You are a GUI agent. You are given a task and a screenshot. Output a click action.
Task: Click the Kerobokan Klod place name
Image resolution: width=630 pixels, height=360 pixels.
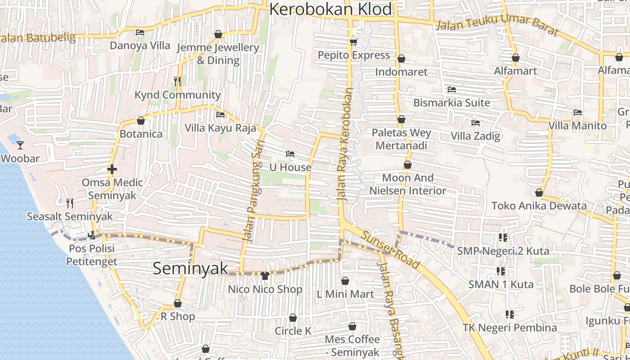coord(331,9)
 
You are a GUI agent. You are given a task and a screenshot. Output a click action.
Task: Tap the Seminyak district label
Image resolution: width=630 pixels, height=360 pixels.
coord(190,268)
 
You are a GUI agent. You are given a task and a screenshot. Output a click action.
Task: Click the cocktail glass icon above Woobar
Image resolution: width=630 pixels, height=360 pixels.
coord(20,145)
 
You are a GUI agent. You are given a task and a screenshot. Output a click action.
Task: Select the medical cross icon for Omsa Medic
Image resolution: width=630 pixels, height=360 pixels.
coord(112,169)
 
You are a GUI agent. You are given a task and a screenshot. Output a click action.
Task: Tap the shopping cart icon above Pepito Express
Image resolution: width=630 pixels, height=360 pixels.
coord(353,42)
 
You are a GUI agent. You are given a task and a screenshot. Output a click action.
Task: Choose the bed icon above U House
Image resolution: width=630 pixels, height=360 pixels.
coord(290,154)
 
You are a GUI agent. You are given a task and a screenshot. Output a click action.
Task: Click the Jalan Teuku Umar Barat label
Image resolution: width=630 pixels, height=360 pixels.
coord(497,25)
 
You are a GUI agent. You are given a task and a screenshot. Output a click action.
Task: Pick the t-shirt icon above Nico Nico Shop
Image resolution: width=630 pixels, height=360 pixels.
coord(265,275)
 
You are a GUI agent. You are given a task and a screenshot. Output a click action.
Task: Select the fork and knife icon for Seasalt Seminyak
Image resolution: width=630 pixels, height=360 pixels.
coord(70,203)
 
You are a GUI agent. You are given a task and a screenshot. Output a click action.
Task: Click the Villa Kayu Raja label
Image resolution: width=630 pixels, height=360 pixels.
coord(220,128)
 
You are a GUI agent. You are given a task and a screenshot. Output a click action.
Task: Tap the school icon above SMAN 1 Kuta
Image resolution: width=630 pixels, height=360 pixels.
coord(500,271)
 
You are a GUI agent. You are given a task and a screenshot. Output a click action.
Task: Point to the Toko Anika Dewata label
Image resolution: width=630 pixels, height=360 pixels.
coord(539,206)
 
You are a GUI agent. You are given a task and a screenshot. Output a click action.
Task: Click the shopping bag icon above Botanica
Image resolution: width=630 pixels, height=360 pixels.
coord(141,121)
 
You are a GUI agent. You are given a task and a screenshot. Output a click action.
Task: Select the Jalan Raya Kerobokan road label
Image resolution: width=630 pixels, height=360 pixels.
coord(345,144)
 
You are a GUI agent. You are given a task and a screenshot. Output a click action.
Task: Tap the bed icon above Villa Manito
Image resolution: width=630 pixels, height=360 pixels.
coord(578,112)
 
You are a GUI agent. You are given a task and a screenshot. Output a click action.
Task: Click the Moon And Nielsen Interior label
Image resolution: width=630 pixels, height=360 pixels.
coord(408,184)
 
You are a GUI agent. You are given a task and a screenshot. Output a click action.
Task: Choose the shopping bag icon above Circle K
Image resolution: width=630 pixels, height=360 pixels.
coord(293,318)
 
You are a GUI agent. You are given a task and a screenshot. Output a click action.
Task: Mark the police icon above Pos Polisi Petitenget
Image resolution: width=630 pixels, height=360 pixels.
coord(92,234)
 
